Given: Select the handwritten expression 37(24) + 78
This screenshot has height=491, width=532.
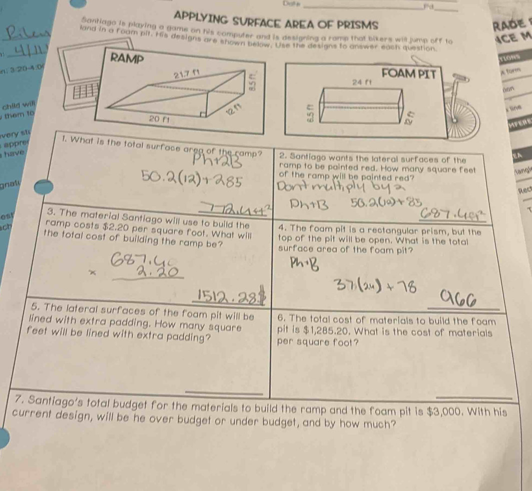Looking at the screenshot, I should click(x=373, y=286).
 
